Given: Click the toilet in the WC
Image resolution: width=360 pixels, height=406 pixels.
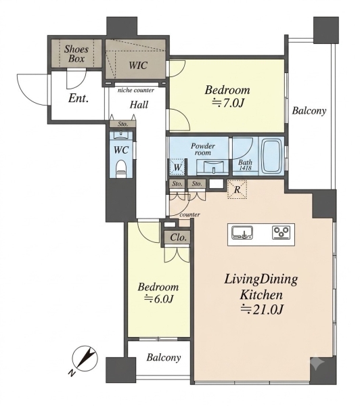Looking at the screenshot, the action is pos(121,168).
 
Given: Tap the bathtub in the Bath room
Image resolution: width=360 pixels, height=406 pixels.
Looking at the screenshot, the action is pos(271,157).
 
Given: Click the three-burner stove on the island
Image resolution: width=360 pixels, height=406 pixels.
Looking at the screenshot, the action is pos(282,232).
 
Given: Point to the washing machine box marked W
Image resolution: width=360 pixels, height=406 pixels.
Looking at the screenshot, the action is pos(177,166).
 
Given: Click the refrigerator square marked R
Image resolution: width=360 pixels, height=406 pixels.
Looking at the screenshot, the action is pos(237,189).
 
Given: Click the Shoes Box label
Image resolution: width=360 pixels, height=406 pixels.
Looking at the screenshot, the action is pos(76,54).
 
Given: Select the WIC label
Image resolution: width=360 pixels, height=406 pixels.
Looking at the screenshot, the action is pos(138,65).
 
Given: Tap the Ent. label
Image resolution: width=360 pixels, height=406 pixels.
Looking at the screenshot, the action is pos(78,98).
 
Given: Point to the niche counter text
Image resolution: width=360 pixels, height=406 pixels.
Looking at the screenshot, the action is pos(136,91).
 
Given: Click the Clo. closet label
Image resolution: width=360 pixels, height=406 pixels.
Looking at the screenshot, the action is pos(179,238).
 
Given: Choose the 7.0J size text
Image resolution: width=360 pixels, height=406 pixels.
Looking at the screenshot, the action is pos(228,104).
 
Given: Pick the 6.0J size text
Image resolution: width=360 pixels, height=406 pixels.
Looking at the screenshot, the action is pos(158,299).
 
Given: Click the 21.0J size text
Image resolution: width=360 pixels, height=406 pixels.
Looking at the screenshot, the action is pos(262,309).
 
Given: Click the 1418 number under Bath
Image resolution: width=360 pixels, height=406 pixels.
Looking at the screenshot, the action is pos(245,168).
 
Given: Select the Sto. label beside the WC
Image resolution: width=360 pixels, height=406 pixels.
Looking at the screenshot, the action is pos(122,124).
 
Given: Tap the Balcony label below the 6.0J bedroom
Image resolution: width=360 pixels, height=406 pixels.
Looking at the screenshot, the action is pos(164,357).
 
